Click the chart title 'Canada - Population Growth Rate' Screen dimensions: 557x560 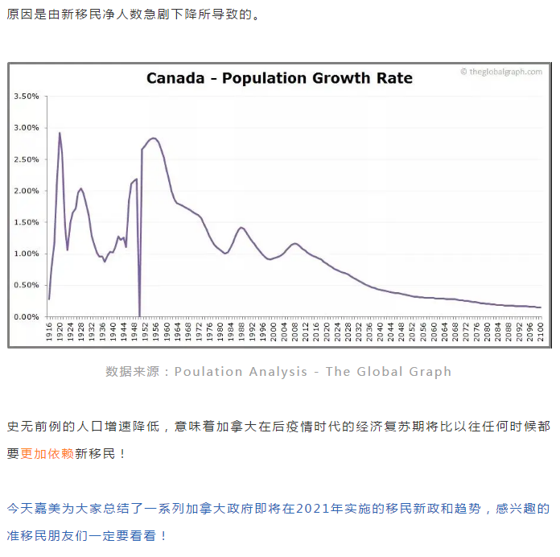[279, 78]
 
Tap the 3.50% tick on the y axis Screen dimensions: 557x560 [27, 96]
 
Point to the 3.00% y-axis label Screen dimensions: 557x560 [27, 127]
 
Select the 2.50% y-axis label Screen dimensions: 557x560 [27, 159]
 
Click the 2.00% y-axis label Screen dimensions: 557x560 [27, 191]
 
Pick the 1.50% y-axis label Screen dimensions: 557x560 [27, 222]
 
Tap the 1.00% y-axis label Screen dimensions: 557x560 [27, 254]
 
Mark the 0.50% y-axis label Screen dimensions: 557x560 [27, 285]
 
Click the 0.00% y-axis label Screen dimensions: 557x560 [27, 317]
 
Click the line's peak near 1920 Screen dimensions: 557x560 [60, 133]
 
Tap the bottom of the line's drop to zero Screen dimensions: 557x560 [139, 316]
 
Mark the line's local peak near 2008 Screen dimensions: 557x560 [295, 243]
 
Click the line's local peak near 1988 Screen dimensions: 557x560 [241, 227]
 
